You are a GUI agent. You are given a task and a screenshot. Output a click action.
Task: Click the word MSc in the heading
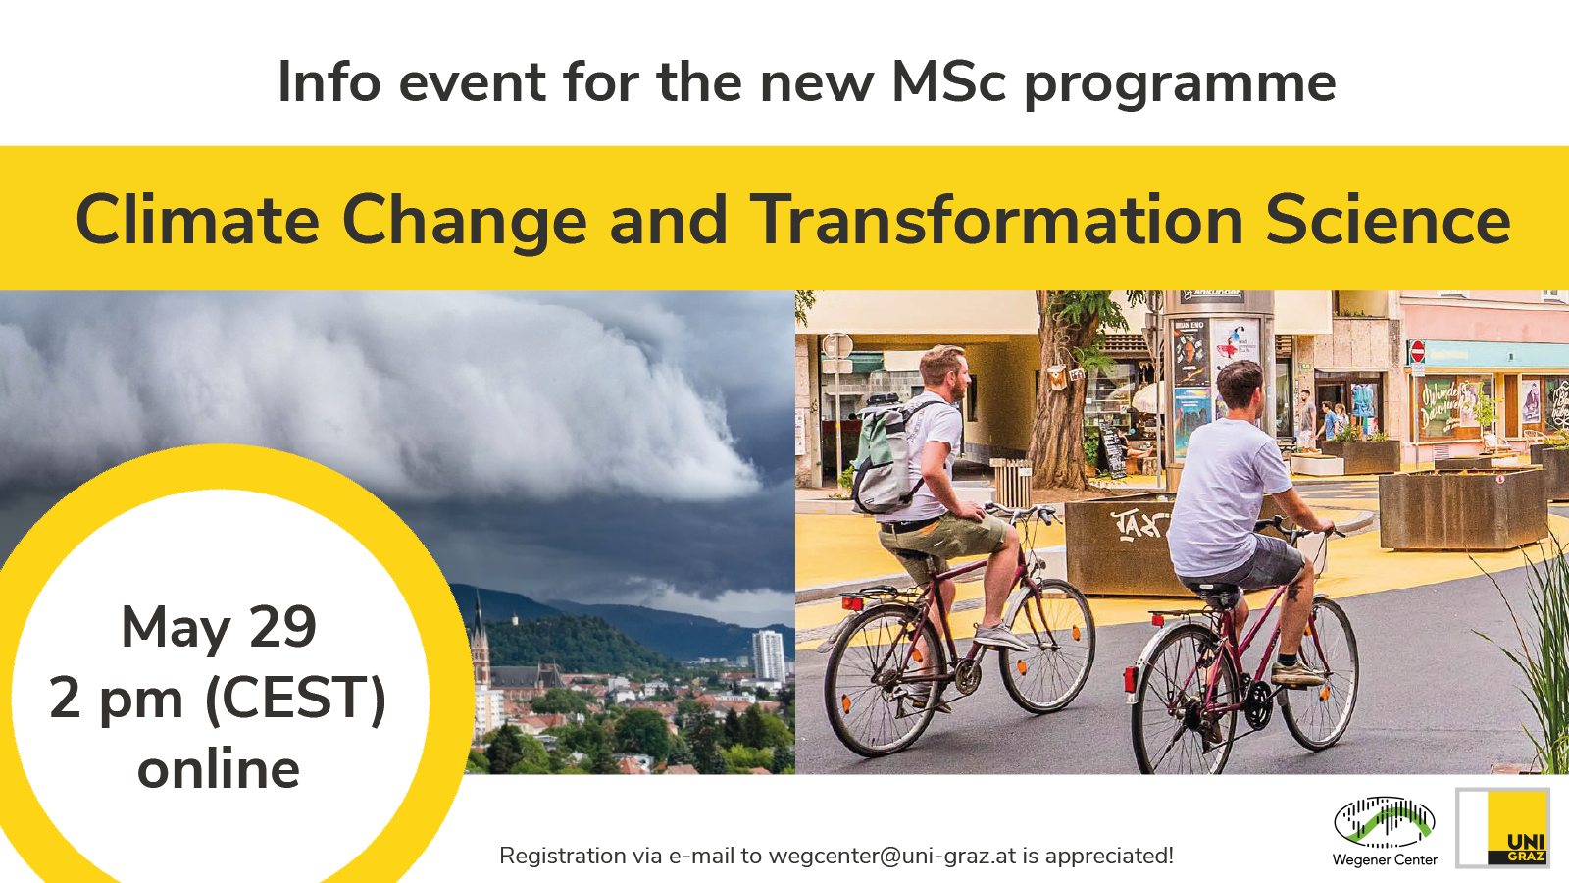click(948, 81)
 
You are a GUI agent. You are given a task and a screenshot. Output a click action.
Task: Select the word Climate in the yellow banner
click(197, 220)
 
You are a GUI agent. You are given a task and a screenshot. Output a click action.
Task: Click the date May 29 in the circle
click(219, 627)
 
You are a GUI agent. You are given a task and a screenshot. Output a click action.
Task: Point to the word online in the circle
click(219, 768)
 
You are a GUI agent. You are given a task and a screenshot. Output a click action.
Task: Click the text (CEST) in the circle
click(295, 699)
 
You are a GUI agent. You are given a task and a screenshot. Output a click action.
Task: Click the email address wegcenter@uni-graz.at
click(891, 856)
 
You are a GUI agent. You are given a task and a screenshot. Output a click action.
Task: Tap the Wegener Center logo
click(1384, 824)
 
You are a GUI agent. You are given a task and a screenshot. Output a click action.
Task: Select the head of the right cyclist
click(1239, 386)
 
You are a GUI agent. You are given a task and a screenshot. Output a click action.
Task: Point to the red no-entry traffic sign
click(1416, 351)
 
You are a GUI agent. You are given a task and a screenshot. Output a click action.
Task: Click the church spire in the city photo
click(479, 628)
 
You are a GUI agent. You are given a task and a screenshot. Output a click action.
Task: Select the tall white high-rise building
click(768, 655)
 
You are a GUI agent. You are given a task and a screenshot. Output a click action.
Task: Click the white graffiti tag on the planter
click(1139, 526)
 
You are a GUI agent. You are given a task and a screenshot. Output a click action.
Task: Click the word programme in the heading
click(1180, 83)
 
